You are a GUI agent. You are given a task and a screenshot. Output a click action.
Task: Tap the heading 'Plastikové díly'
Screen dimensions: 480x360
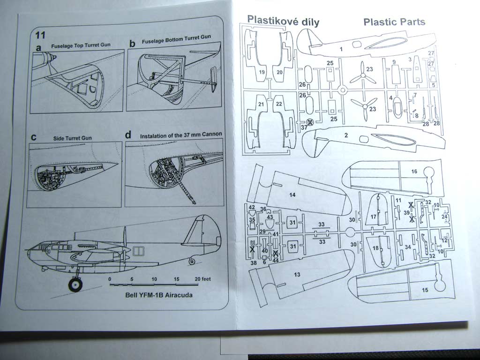[283, 21]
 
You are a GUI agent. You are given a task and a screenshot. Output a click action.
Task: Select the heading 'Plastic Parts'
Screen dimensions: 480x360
[394, 22]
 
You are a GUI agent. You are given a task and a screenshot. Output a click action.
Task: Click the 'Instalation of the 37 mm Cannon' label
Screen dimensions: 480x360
[180, 135]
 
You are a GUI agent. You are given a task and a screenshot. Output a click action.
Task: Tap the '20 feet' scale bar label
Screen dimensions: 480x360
[202, 278]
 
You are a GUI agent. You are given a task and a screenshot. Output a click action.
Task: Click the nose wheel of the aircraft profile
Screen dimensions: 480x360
[75, 284]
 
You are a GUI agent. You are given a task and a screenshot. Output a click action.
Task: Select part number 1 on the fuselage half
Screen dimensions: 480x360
[341, 49]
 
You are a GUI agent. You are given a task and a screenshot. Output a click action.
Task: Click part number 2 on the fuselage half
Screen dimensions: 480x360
[345, 135]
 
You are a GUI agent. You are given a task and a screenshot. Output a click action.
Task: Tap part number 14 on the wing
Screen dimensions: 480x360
[292, 194]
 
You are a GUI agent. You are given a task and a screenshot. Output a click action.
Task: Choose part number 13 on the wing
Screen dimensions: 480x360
[296, 275]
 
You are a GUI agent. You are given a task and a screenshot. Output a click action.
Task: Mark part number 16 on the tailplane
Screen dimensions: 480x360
[414, 172]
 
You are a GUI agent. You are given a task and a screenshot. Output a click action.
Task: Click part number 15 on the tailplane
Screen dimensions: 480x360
[425, 290]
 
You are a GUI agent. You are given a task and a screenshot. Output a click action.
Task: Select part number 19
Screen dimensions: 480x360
[262, 72]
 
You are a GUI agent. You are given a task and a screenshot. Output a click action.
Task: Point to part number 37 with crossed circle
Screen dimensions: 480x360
[304, 127]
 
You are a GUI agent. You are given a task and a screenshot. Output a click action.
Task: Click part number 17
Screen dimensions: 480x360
[374, 217]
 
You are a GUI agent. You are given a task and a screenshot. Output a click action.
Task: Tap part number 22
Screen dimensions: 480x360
[279, 104]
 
